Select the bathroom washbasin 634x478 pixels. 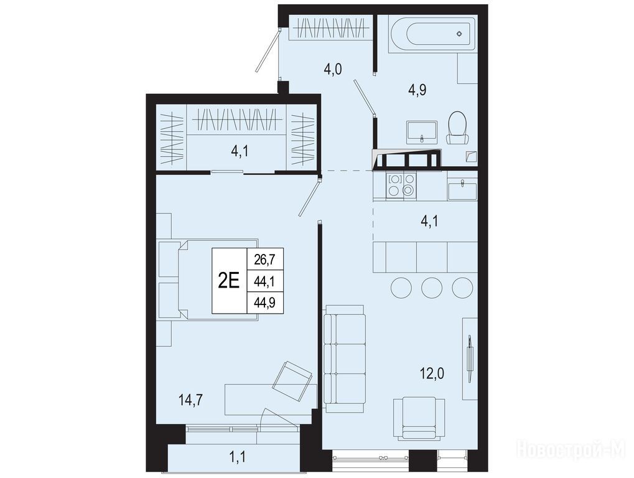click(422, 132)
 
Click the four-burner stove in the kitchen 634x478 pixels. click(401, 185)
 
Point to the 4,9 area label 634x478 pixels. click(417, 90)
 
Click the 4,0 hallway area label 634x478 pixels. click(333, 69)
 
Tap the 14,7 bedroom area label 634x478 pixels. click(190, 400)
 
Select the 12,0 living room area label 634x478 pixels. click(432, 373)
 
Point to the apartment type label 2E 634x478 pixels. click(229, 280)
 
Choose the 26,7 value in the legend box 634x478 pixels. click(264, 259)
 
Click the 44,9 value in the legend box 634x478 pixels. click(264, 302)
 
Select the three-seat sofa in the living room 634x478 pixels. click(345, 358)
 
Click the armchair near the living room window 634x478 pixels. click(419, 418)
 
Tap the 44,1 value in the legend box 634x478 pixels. click(264, 281)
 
